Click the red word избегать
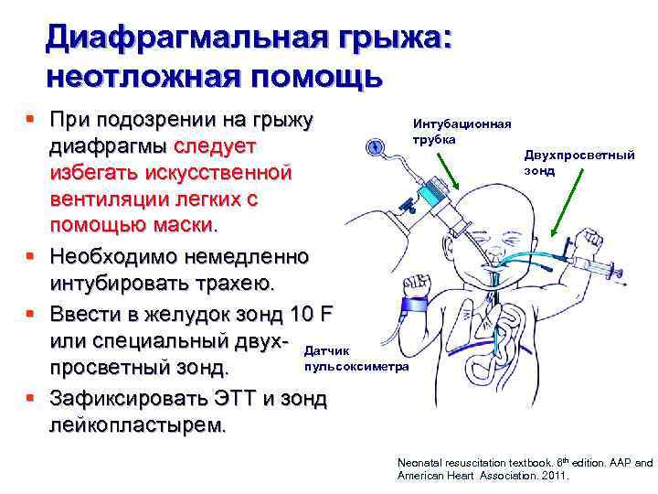[101, 172]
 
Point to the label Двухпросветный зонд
[579, 163]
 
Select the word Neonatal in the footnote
[419, 464]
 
